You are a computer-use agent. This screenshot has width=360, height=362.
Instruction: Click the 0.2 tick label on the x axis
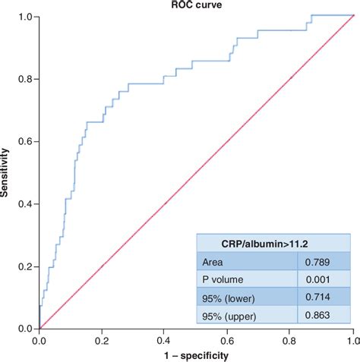coord(102,341)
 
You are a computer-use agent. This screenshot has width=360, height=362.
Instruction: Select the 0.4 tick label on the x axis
coord(165,341)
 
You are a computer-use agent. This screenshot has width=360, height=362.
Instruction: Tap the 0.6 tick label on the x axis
coord(227,341)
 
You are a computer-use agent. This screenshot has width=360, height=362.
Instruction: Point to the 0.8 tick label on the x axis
coord(289,341)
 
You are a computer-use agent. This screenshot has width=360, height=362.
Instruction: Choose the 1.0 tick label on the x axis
coord(352,341)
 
